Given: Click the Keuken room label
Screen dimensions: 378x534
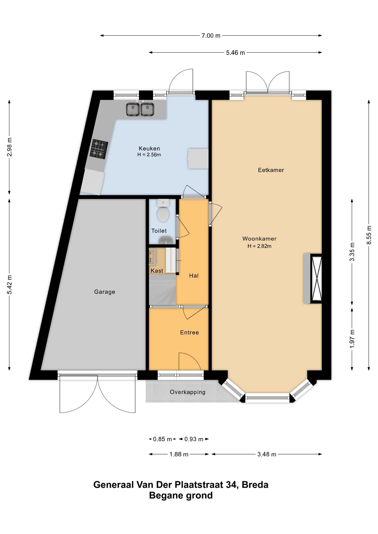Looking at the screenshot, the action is pyautogui.click(x=149, y=149).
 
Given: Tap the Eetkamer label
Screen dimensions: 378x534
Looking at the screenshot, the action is pyautogui.click(x=271, y=170).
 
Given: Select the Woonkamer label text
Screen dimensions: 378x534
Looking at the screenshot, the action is pyautogui.click(x=259, y=239).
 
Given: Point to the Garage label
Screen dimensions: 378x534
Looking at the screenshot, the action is pyautogui.click(x=105, y=292).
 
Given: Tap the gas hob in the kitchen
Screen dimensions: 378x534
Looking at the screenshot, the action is pyautogui.click(x=99, y=149).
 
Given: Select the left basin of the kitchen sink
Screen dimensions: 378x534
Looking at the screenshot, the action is pyautogui.click(x=133, y=109).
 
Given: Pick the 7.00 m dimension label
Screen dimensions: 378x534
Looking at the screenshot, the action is pyautogui.click(x=211, y=36).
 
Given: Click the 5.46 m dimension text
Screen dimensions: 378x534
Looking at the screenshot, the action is pyautogui.click(x=235, y=53).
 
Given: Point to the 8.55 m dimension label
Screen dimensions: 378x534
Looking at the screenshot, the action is pyautogui.click(x=369, y=235).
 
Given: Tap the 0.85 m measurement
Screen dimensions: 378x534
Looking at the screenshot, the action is pyautogui.click(x=163, y=439).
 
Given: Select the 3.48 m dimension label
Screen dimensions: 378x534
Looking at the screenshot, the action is pyautogui.click(x=267, y=454).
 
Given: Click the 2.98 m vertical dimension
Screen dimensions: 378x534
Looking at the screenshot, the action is pyautogui.click(x=9, y=147).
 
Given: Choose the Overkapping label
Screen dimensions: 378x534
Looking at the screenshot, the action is pyautogui.click(x=188, y=392).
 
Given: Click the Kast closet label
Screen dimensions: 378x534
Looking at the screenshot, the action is pyautogui.click(x=157, y=271).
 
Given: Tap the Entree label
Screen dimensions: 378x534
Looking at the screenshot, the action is pyautogui.click(x=189, y=332).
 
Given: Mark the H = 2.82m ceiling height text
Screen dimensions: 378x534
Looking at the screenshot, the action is pyautogui.click(x=259, y=246).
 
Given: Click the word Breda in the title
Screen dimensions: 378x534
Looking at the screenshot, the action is pyautogui.click(x=255, y=485).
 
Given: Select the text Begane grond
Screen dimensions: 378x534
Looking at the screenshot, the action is pyautogui.click(x=181, y=495).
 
